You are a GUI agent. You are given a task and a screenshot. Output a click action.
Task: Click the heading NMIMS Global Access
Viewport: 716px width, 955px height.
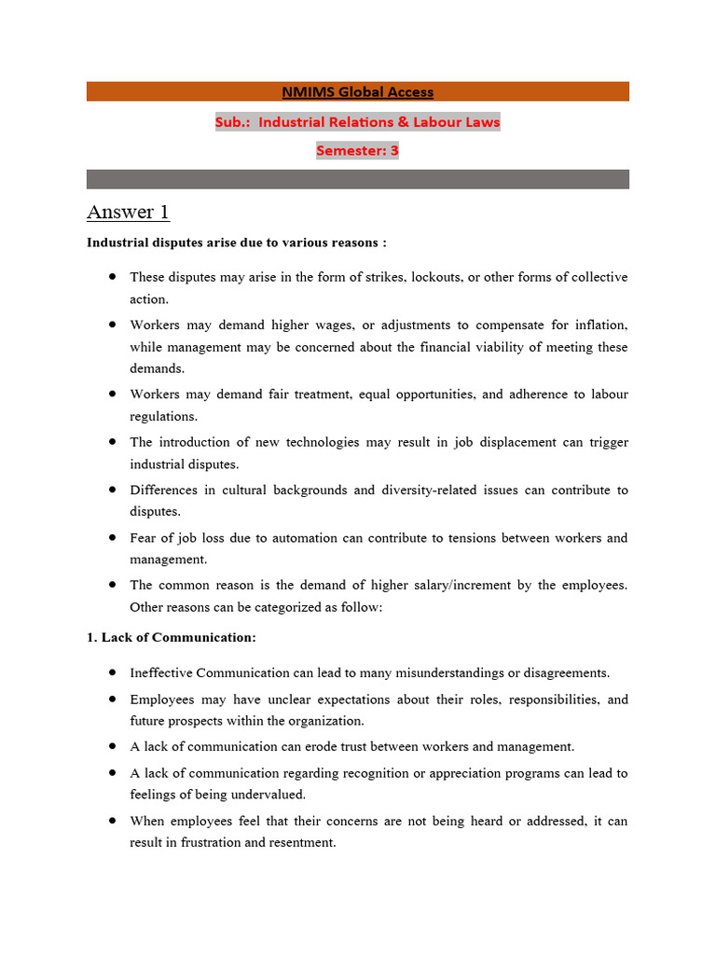coord(358,91)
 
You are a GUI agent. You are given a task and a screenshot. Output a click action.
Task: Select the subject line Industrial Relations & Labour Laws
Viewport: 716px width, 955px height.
coord(358,122)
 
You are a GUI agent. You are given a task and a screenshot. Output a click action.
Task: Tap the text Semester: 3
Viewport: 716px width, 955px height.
coord(358,150)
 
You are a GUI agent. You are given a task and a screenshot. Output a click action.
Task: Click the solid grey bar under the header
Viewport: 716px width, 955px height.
coord(358,179)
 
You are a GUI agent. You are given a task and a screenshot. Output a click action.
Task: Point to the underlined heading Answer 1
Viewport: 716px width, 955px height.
coord(128,213)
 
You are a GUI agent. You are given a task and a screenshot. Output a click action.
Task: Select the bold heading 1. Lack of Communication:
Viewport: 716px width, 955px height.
coord(172,638)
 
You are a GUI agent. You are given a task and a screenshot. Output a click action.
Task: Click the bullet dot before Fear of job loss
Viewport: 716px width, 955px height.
coord(113,538)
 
